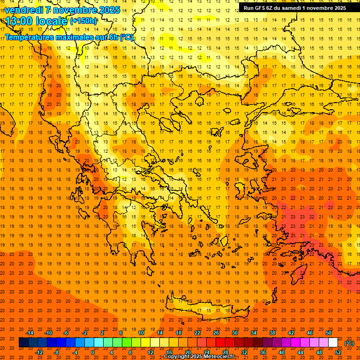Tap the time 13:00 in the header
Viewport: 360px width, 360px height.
click(x=19, y=21)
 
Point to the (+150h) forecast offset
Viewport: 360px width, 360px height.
click(x=83, y=21)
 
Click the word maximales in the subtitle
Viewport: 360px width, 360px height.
click(x=77, y=37)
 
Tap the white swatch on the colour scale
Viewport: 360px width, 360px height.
click(x=333, y=343)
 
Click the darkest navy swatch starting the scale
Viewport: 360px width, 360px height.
click(x=23, y=343)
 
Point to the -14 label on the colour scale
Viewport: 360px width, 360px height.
click(x=30, y=333)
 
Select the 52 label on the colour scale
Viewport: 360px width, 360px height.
click(x=338, y=352)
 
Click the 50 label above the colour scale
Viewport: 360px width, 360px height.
click(x=329, y=333)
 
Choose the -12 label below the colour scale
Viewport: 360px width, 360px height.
click(x=39, y=352)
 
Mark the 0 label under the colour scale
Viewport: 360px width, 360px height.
click(x=93, y=352)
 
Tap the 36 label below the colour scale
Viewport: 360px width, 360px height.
click(x=262, y=352)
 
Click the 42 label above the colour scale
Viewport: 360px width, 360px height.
click(x=291, y=333)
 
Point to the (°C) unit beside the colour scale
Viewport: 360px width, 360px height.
click(x=349, y=343)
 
